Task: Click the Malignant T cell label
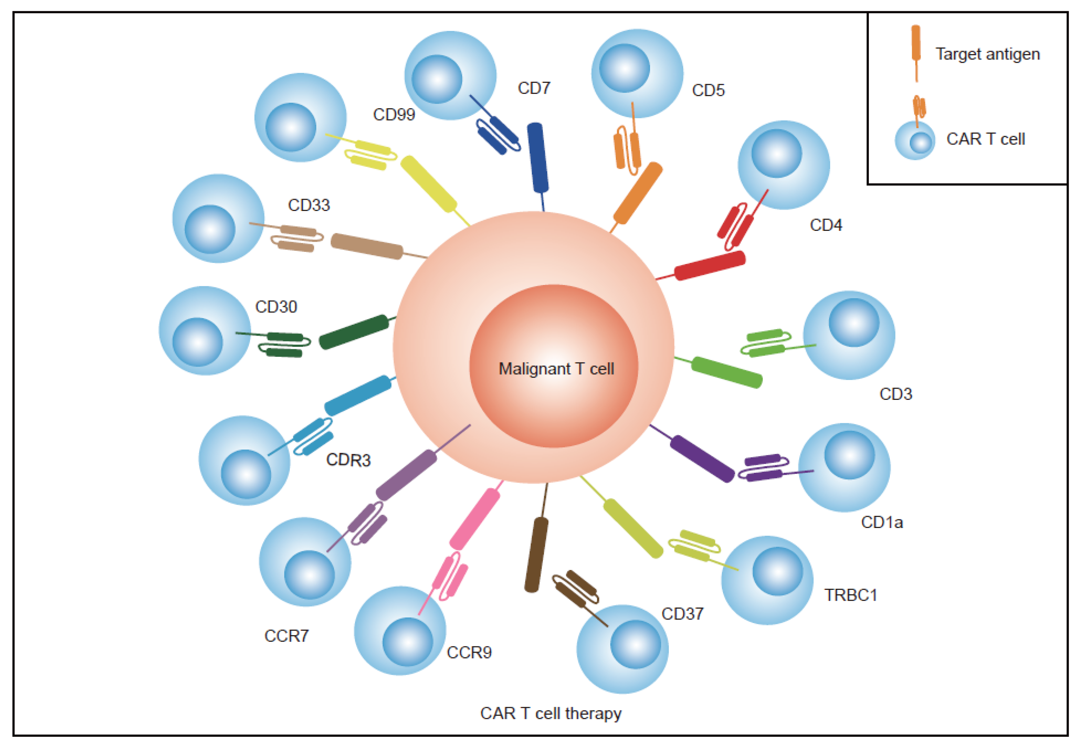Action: click(556, 369)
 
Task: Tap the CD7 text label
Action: click(534, 88)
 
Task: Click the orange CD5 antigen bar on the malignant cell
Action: click(637, 193)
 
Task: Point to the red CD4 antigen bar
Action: click(709, 265)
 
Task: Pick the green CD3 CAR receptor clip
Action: click(766, 343)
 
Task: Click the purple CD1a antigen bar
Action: click(701, 459)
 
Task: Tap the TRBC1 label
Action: click(850, 595)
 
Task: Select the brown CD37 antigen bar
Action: click(536, 555)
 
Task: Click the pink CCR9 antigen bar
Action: click(474, 519)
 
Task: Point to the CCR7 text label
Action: click(286, 636)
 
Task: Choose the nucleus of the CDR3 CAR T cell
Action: click(245, 474)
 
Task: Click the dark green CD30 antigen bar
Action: click(354, 332)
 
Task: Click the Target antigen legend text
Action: click(988, 54)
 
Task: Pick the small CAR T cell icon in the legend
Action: click(915, 141)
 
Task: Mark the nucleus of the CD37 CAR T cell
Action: click(636, 644)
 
